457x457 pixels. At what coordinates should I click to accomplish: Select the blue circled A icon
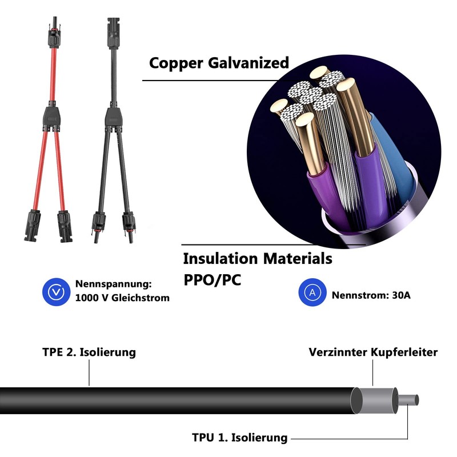[312, 292]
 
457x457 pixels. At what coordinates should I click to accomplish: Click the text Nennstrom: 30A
[371, 295]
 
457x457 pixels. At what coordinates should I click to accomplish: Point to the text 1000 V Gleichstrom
[122, 298]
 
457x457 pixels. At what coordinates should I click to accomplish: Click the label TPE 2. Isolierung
[89, 352]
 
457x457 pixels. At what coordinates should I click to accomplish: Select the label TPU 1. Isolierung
[239, 438]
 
